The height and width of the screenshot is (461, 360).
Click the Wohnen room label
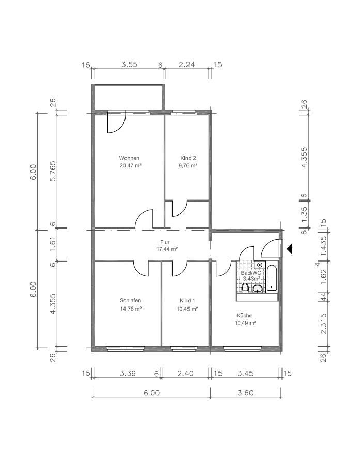point(129,158)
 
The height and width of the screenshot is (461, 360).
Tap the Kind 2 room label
point(188,158)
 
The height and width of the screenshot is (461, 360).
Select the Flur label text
point(165,242)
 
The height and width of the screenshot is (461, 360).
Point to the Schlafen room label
point(130,300)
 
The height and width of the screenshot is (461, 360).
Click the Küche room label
point(244,315)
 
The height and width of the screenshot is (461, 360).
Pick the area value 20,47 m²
point(131,165)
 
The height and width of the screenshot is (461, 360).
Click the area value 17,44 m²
point(167,249)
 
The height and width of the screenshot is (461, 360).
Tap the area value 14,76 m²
point(131,309)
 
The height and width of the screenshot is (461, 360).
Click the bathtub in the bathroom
point(272,278)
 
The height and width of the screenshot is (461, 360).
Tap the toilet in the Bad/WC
point(245,288)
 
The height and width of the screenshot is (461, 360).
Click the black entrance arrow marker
point(290,249)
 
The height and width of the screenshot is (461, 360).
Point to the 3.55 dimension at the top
point(129,65)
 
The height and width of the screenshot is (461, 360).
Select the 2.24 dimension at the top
point(187,65)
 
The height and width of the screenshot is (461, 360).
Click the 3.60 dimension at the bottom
point(245,393)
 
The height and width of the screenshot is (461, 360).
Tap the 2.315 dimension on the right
point(323,324)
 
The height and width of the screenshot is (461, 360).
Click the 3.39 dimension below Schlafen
point(128,373)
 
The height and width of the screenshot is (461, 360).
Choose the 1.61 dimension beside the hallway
point(53,244)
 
